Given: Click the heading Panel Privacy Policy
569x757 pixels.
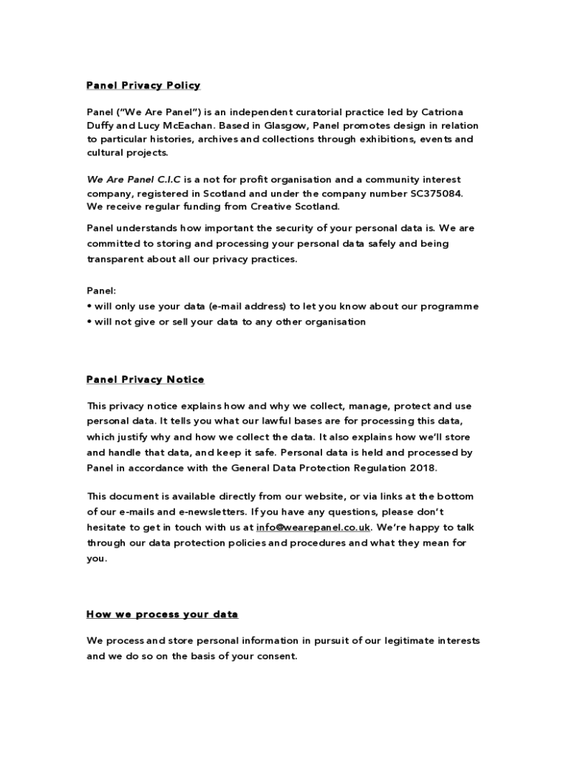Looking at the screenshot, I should tap(143, 86).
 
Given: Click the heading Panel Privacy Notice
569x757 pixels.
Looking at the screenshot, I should tap(146, 380).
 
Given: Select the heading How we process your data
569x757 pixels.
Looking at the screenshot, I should tap(163, 614).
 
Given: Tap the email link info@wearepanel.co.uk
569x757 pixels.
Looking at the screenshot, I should tap(313, 527).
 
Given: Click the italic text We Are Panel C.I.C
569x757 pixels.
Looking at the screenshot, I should tap(134, 180).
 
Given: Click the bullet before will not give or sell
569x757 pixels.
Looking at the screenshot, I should tap(89, 322).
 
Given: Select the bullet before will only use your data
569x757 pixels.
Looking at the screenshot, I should tap(89, 306).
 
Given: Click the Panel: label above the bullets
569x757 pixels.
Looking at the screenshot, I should tap(101, 291).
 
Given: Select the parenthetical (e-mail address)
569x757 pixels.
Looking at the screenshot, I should tap(247, 306).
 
